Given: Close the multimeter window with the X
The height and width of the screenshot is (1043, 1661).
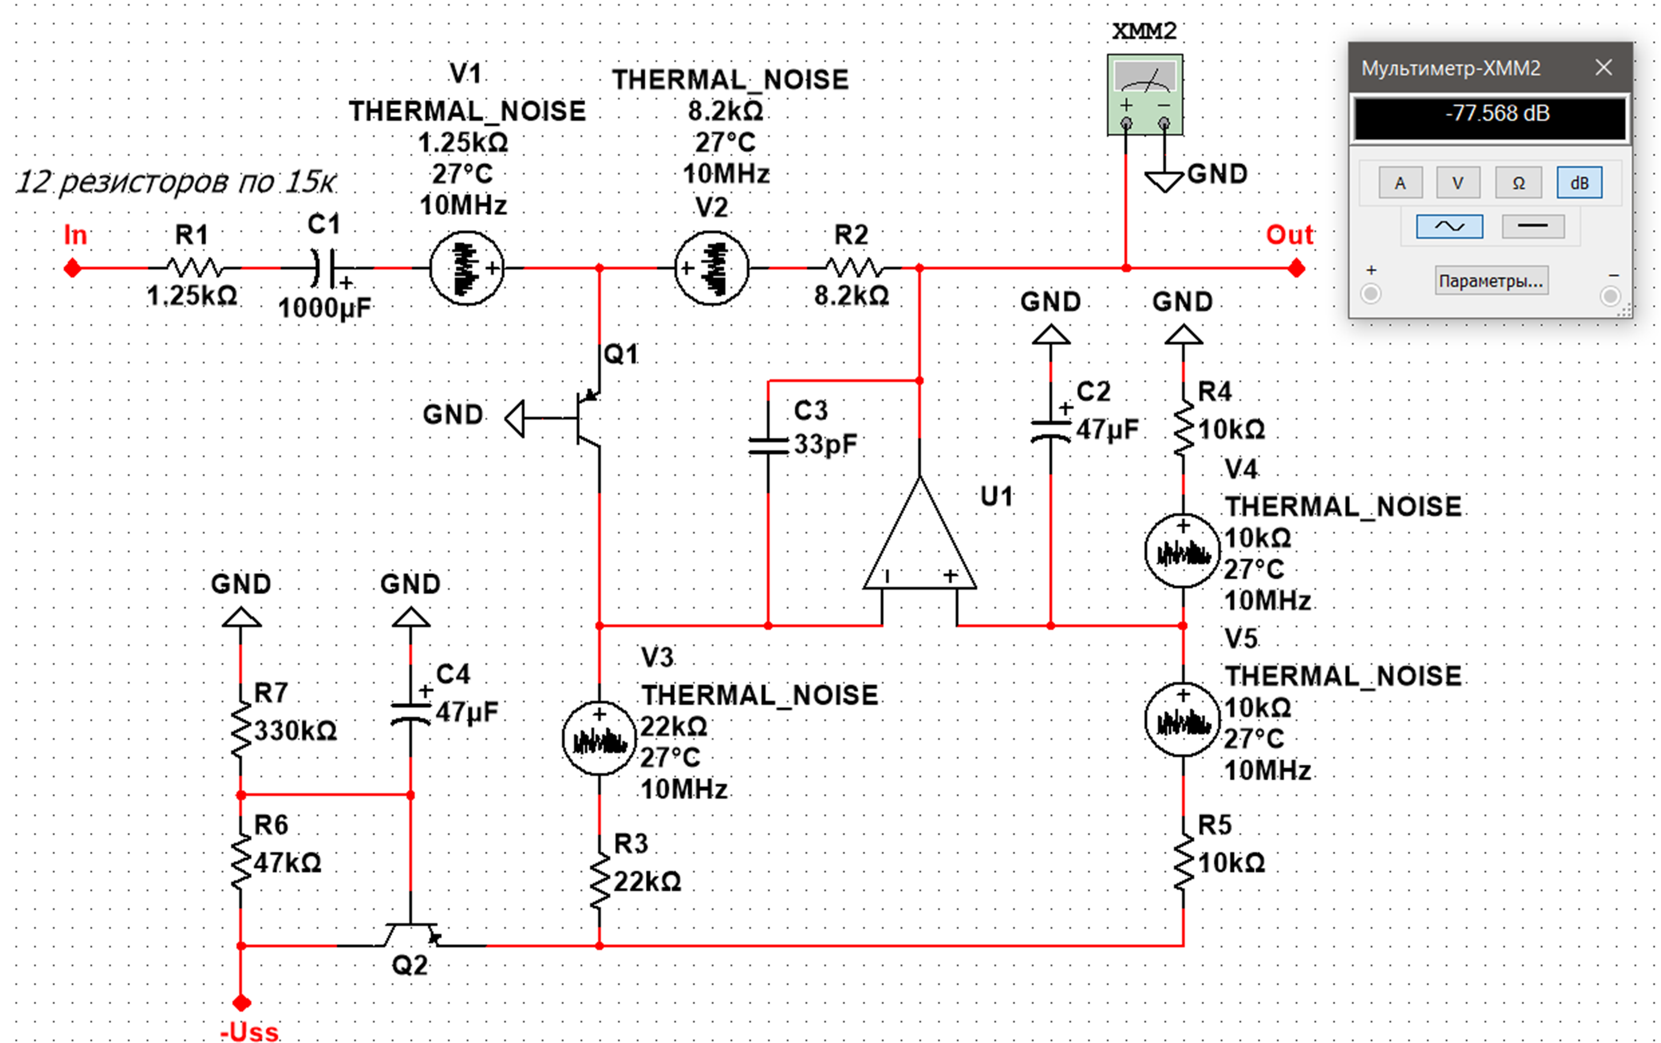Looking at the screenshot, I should click(x=1604, y=68).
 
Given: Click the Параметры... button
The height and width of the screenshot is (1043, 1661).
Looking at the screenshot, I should click(x=1491, y=281).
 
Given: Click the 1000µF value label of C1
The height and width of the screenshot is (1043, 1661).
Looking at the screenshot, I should click(x=324, y=308).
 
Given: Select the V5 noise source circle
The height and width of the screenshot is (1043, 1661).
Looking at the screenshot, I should click(x=1182, y=719).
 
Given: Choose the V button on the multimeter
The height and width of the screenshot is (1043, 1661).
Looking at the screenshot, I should click(x=1458, y=183).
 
